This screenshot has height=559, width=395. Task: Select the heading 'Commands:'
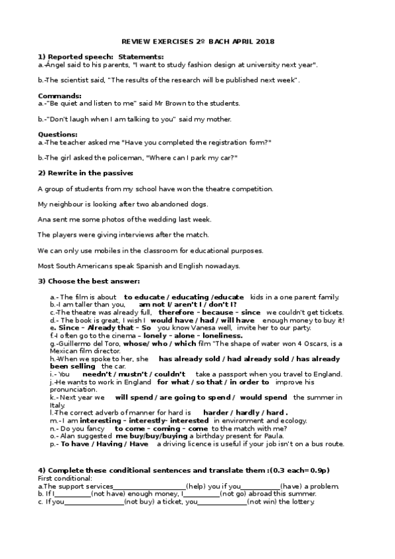pos(59,96)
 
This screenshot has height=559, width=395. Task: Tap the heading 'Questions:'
pos(58,134)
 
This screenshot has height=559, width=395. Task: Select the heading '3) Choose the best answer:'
pos(88,282)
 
